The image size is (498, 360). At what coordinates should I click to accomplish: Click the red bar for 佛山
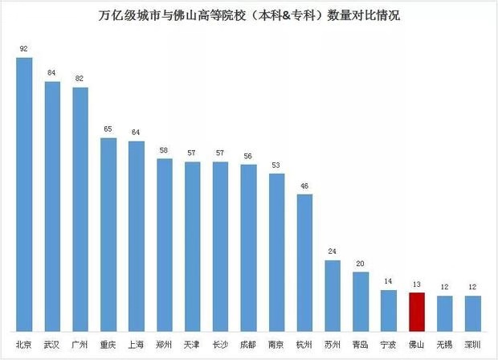point(416,312)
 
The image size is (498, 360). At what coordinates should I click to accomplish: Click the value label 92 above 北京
point(24,49)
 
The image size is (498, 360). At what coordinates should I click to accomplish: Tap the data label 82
point(80,79)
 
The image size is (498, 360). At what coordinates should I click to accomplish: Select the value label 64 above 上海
point(137,133)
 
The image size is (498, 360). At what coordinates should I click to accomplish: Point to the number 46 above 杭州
point(304,186)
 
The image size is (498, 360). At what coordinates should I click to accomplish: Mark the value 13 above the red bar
point(416,284)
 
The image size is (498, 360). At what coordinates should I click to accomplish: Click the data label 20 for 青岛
point(361,263)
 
